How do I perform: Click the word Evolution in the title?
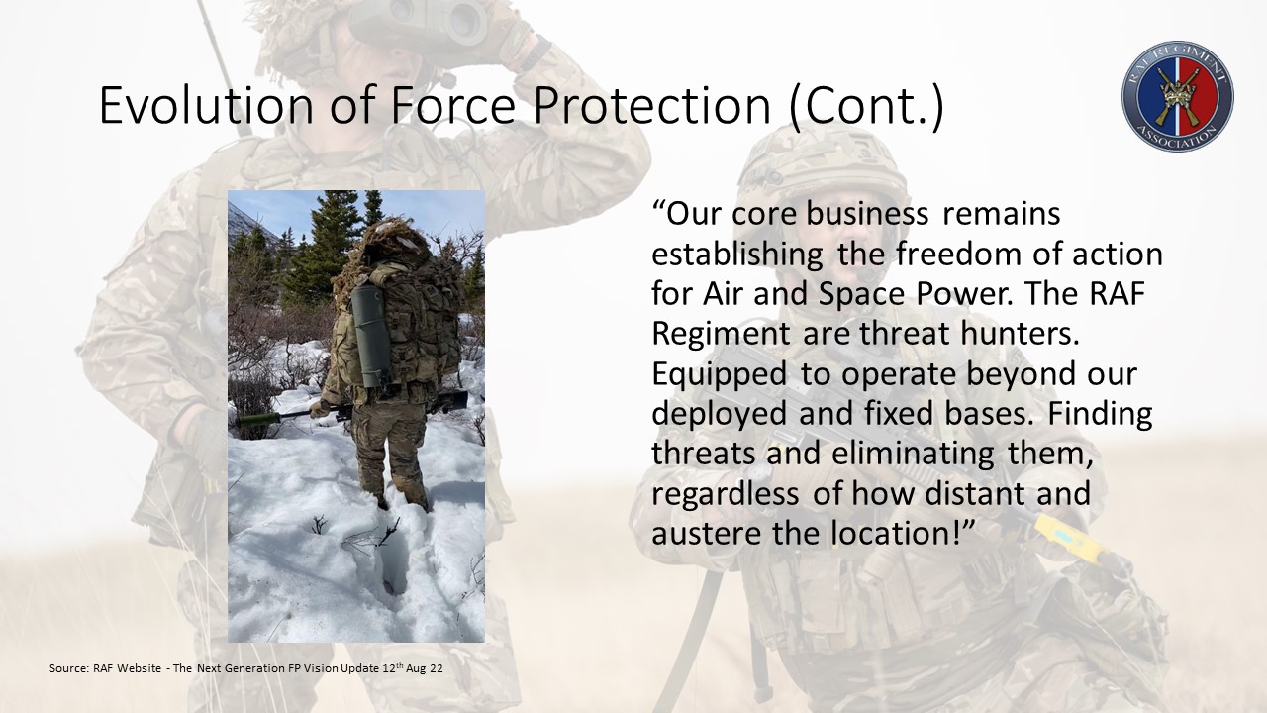click(207, 105)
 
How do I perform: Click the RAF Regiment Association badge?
click(1178, 96)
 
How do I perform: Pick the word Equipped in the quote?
click(719, 375)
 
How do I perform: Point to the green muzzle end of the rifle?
click(258, 420)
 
